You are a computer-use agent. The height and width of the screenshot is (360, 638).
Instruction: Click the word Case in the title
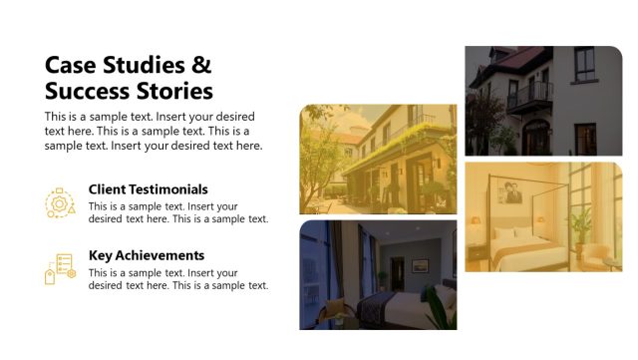tap(69, 66)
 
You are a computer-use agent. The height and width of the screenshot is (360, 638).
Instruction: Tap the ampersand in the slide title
tap(200, 66)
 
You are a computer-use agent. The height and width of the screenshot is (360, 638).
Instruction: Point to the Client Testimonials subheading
tap(148, 188)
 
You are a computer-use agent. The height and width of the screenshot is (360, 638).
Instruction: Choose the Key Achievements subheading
tap(146, 255)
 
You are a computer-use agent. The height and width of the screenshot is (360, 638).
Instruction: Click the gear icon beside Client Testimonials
tap(59, 203)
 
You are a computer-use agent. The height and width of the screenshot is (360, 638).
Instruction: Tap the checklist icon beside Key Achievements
tap(59, 268)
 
